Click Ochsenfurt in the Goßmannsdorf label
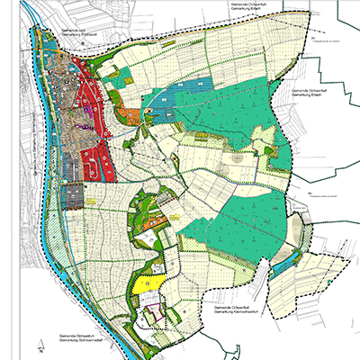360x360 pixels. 77,344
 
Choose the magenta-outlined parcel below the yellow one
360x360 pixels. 156,312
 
